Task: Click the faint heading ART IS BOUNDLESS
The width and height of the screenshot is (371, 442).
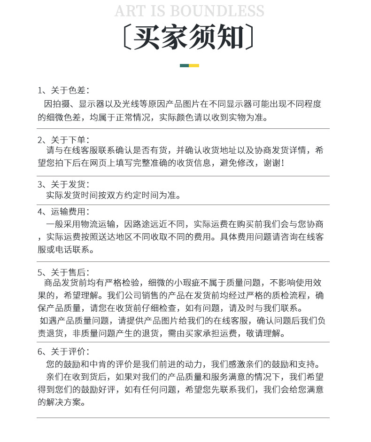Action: tap(189, 11)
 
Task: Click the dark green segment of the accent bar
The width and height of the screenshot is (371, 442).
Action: tap(184, 65)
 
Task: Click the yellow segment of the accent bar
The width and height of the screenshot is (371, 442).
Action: tap(194, 65)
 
